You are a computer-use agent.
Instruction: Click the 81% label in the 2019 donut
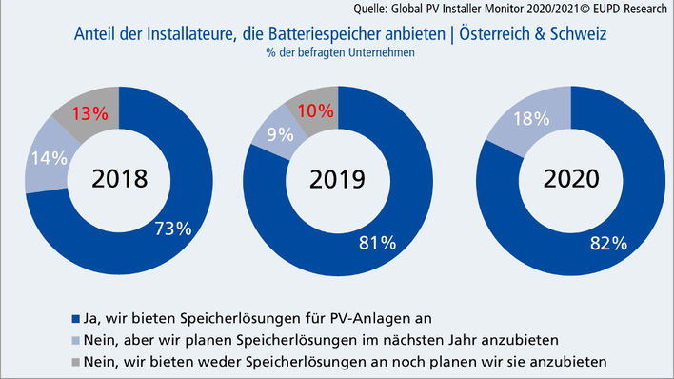click(x=376, y=244)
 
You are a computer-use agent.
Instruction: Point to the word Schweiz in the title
click(x=571, y=34)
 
